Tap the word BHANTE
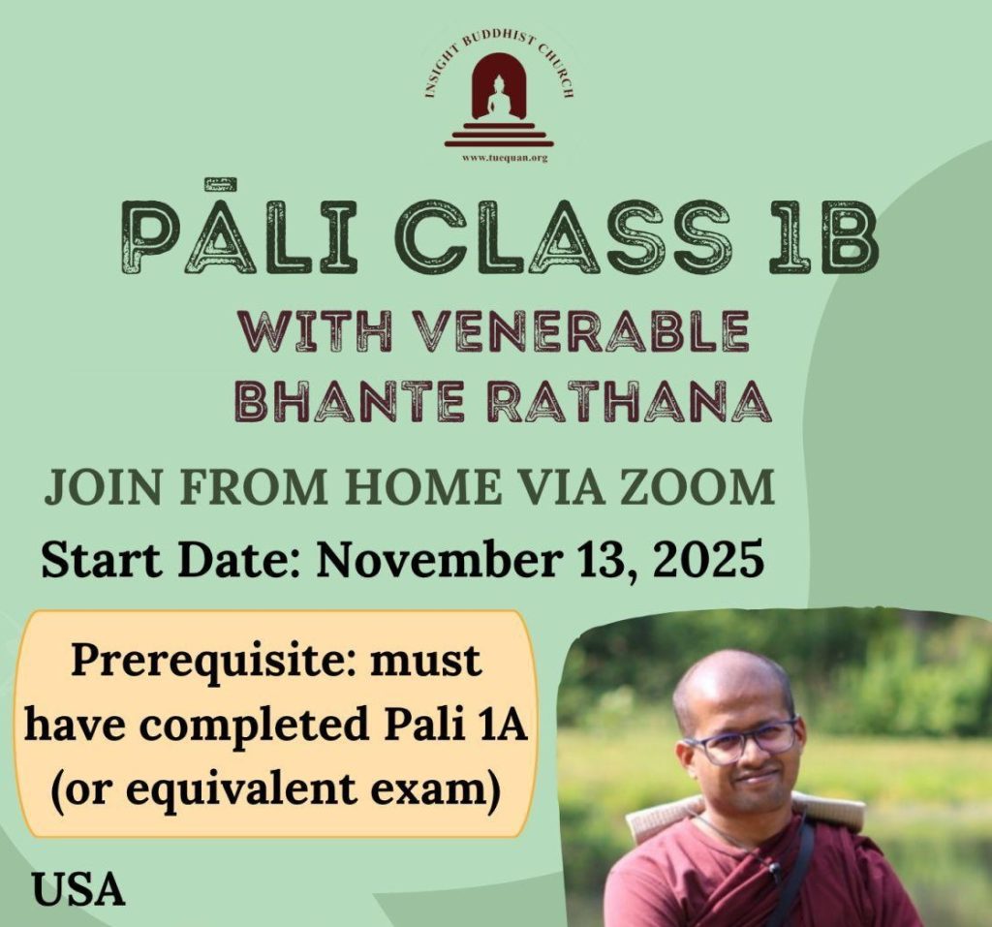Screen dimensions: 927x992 click(350, 400)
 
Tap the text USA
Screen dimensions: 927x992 click(78, 888)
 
